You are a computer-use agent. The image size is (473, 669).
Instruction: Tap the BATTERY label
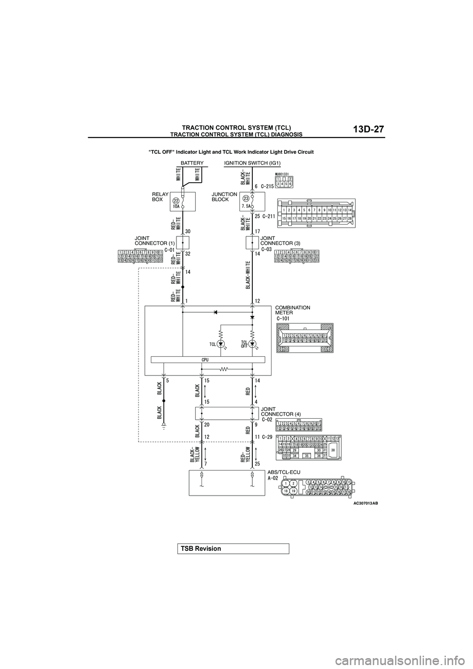click(192, 162)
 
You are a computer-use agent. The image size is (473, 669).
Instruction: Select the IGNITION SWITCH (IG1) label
click(252, 162)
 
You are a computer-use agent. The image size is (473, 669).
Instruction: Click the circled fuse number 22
click(176, 201)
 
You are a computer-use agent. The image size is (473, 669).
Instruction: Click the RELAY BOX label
click(161, 197)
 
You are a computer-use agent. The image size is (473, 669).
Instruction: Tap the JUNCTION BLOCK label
click(224, 197)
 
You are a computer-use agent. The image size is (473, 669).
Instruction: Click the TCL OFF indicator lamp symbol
click(253, 343)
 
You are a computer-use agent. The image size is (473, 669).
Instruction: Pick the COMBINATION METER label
click(293, 310)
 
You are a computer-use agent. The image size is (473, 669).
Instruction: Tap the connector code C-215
click(265, 187)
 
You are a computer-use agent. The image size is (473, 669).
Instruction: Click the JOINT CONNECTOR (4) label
click(281, 411)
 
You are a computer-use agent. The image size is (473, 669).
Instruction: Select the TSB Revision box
click(233, 549)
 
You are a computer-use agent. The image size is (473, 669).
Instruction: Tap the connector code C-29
click(268, 436)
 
